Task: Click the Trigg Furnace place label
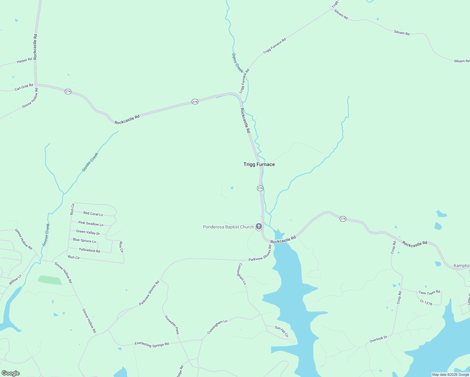tap(259, 164)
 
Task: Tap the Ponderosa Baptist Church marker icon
tap(259, 226)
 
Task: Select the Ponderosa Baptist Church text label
tap(228, 227)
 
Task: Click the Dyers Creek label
tap(238, 63)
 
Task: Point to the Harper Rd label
tap(25, 60)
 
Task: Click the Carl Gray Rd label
tap(24, 87)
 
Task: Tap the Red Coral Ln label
tap(93, 214)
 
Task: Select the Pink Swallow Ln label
tap(91, 224)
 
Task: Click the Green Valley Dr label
tap(88, 232)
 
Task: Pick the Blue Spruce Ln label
tap(84, 241)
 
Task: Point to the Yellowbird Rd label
tap(89, 250)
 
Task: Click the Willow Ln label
tap(15, 280)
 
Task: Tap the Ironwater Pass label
tap(172, 325)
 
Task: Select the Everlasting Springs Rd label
tap(152, 344)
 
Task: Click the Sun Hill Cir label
tap(281, 331)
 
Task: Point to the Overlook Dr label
tap(378, 339)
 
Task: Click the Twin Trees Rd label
tap(429, 292)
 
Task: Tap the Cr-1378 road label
tap(426, 302)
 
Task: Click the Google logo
tap(10, 373)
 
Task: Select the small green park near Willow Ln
tap(50, 280)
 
